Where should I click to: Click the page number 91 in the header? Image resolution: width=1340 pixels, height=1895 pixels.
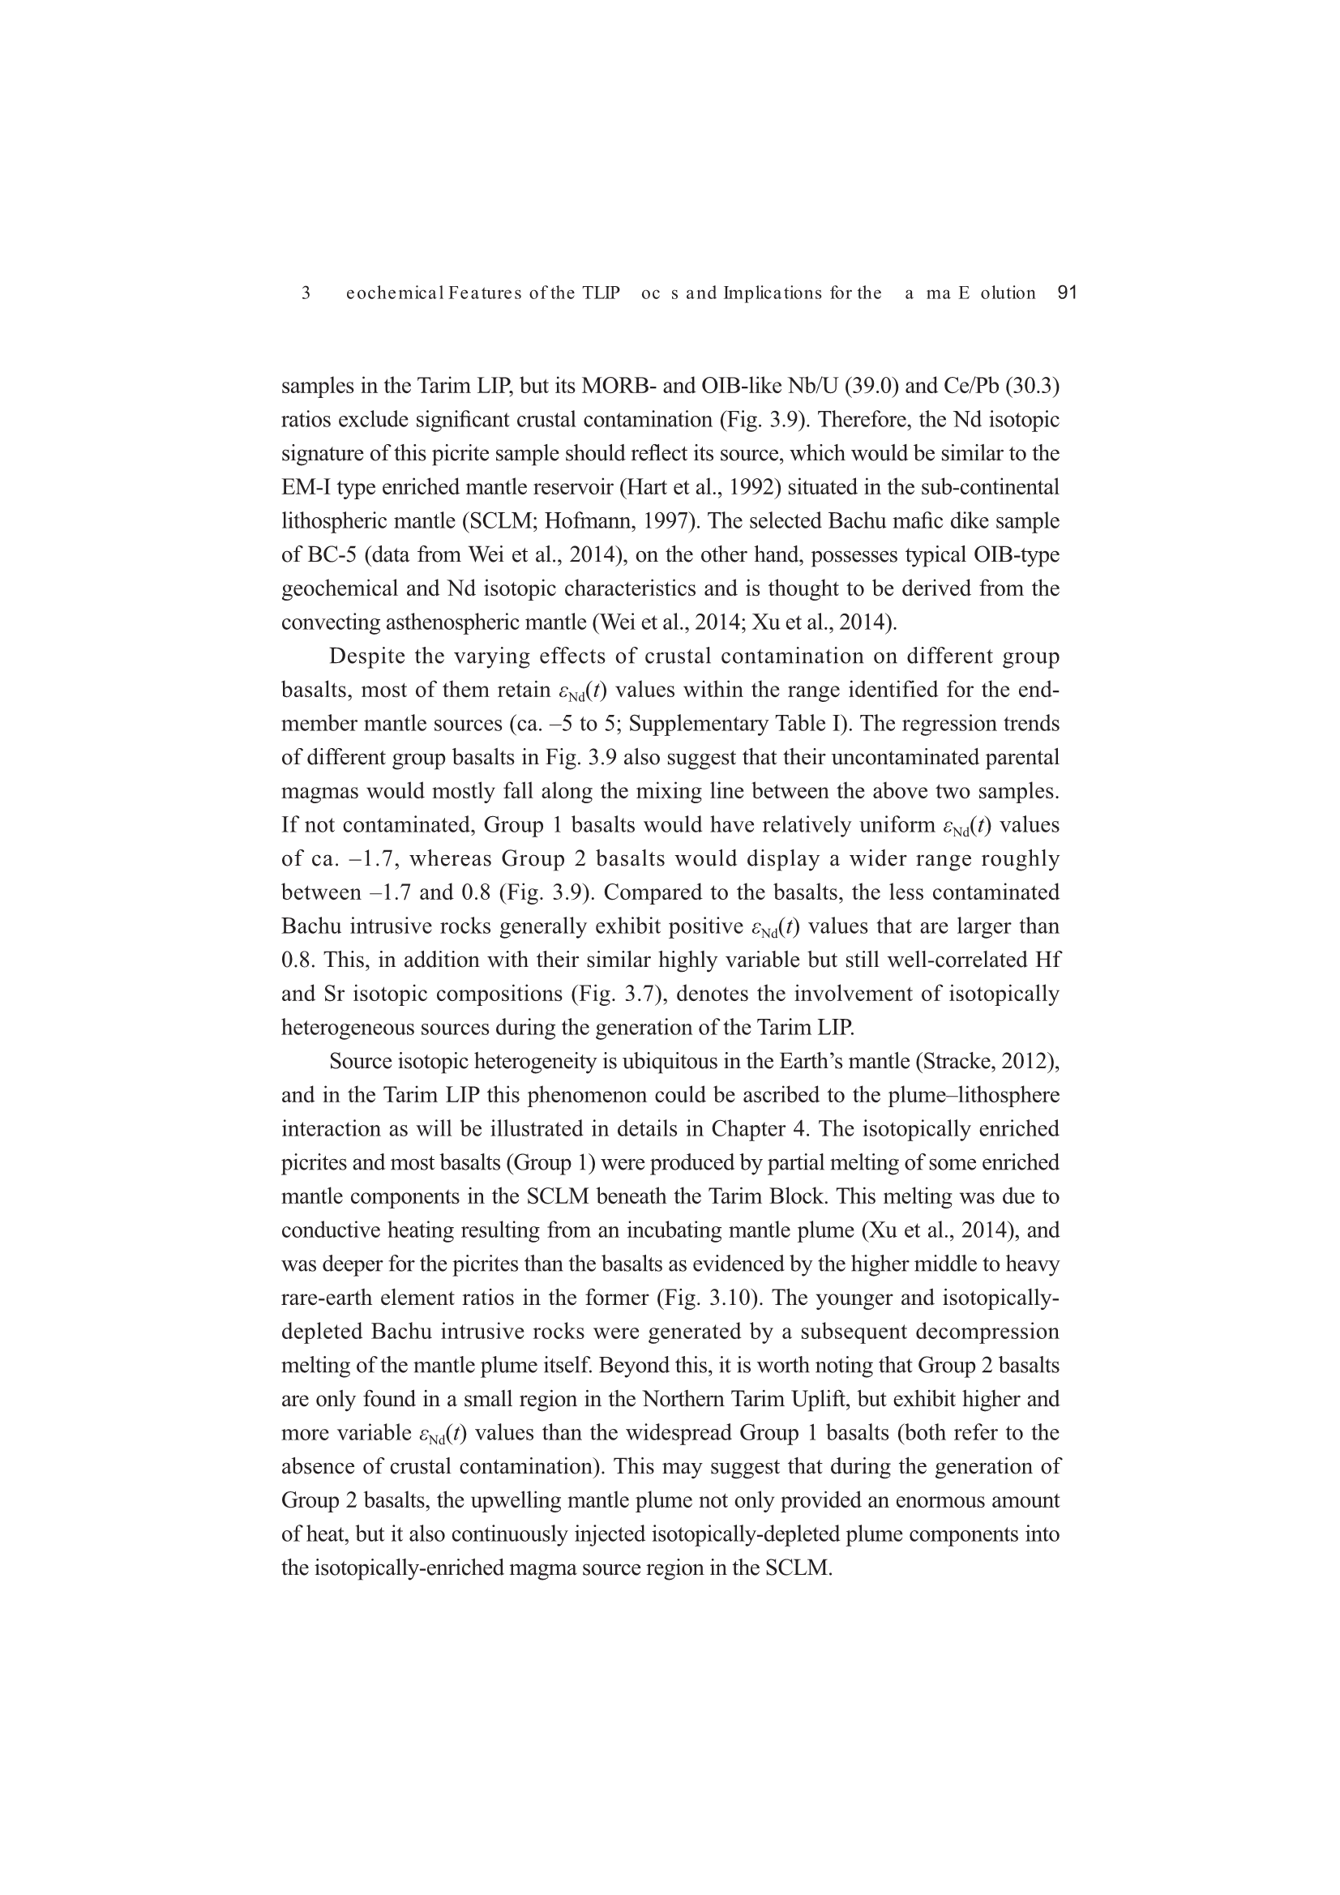point(1067,293)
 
